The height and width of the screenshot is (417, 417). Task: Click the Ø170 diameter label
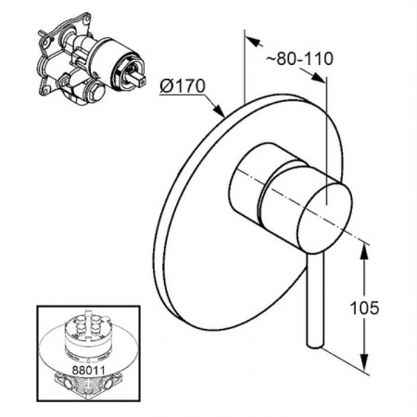point(183,85)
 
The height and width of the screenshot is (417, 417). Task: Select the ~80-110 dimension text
point(299,58)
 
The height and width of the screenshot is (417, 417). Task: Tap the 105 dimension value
point(364,308)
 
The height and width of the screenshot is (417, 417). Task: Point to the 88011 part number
point(88,370)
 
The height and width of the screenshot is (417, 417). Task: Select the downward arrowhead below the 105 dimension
point(365,360)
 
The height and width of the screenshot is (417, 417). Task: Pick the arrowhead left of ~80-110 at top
point(254,41)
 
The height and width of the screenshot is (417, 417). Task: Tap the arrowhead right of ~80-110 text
point(317,77)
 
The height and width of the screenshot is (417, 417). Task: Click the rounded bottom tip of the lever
point(315,345)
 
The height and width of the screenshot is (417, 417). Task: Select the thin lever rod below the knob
point(316,298)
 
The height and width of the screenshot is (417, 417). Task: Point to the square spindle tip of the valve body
point(139,79)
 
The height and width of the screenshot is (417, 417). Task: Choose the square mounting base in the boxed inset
point(88,386)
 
